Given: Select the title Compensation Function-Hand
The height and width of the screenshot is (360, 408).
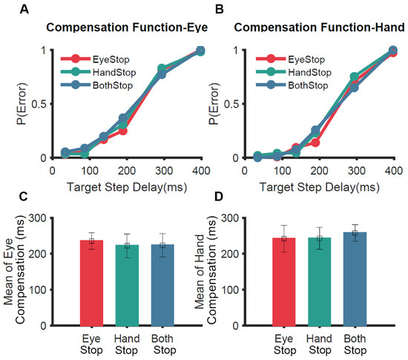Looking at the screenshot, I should click(x=317, y=30).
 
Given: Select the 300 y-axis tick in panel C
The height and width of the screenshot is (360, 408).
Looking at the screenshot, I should click(x=57, y=218).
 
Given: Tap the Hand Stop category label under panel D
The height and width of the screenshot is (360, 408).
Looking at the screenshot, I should click(x=322, y=343).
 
